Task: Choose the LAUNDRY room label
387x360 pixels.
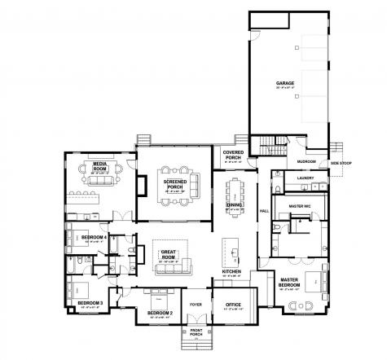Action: click(x=306, y=178)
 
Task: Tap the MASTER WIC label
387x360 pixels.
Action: click(x=301, y=207)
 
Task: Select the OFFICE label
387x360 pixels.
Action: click(x=232, y=305)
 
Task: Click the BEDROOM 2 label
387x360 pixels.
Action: click(x=160, y=313)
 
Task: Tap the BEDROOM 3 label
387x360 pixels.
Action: click(x=90, y=303)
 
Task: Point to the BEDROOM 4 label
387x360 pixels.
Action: click(x=95, y=237)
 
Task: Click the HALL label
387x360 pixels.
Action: click(x=263, y=211)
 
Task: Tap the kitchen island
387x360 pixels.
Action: click(x=232, y=248)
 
